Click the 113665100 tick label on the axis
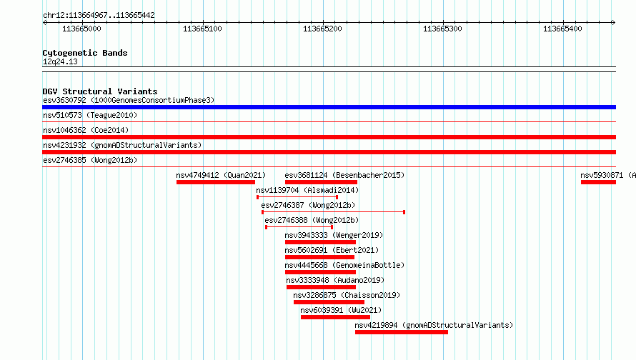202,29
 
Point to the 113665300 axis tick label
442,29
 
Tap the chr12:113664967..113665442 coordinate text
99,16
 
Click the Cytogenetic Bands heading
85,53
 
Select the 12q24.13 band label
60,61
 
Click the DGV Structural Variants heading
100,91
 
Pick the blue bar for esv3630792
329,107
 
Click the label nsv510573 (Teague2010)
90,115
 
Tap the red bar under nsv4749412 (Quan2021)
216,182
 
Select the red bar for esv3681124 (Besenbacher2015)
322,182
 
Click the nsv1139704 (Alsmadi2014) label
307,190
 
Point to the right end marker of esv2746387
404,212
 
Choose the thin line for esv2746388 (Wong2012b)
299,227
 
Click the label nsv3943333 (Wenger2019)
334,235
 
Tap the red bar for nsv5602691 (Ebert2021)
319,257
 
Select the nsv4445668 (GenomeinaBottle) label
344,265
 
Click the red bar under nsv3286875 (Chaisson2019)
329,302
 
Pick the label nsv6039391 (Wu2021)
341,310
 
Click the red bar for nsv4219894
402,332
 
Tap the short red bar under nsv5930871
598,182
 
